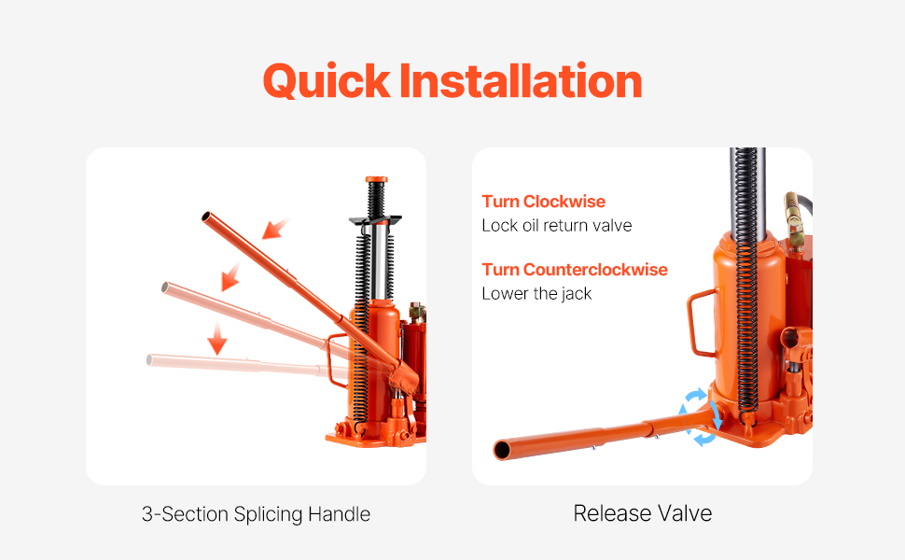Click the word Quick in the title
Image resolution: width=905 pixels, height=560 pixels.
[x=327, y=81]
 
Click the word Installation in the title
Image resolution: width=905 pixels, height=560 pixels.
[x=520, y=80]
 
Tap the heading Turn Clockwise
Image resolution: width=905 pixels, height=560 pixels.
[x=544, y=202]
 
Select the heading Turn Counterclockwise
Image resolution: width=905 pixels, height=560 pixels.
[x=575, y=270]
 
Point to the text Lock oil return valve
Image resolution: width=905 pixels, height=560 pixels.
[x=557, y=225]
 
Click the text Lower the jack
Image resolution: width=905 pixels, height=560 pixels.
[x=536, y=294]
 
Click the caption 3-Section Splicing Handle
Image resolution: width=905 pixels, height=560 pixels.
[x=256, y=514]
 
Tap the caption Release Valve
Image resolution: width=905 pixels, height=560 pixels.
[x=643, y=513]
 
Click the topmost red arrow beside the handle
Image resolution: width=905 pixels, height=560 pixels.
[x=275, y=229]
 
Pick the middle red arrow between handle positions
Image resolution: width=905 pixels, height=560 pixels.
[x=230, y=276]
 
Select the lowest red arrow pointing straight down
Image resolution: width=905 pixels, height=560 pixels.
[x=217, y=338]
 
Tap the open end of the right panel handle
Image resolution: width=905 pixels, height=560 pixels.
[x=502, y=450]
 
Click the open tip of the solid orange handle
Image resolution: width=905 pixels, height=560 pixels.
[x=206, y=217]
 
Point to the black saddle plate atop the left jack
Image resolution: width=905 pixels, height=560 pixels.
[x=375, y=220]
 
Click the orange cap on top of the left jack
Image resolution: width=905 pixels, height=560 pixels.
[x=376, y=179]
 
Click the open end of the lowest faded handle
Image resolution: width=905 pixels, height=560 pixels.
[x=149, y=360]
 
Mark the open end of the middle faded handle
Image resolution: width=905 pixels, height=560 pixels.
[x=165, y=287]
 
